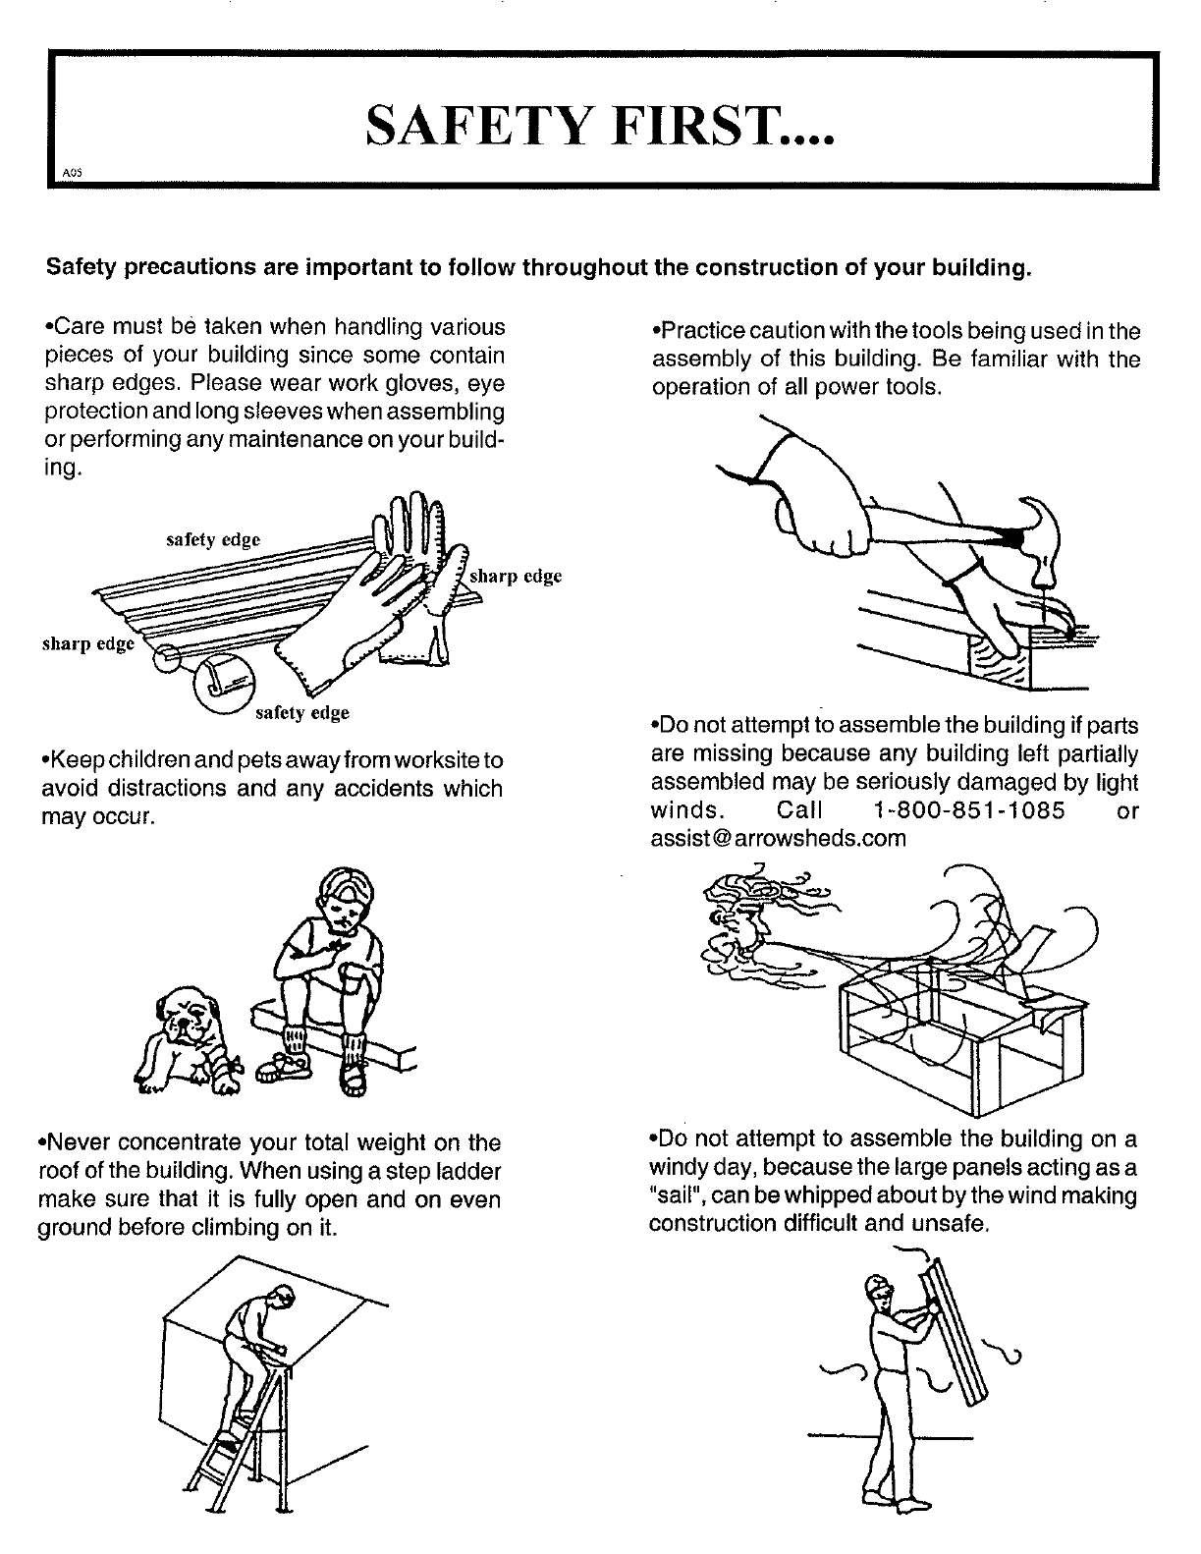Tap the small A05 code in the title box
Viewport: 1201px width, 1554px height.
point(73,172)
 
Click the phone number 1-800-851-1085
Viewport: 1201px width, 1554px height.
point(968,810)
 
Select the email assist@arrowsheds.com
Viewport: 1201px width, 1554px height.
point(779,838)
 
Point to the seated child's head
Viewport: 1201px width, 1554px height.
point(346,900)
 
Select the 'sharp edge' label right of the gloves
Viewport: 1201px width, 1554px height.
point(516,576)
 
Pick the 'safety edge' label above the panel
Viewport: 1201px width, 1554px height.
point(213,539)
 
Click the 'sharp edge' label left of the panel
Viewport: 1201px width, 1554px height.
point(88,643)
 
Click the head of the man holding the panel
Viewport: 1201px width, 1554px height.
point(879,1289)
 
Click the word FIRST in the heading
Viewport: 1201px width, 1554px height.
point(722,125)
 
